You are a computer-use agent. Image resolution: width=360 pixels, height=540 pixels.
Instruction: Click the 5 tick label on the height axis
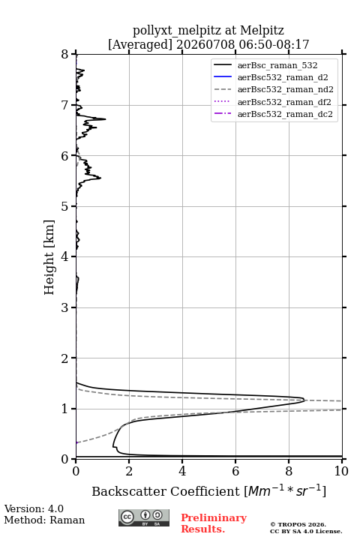[64, 207]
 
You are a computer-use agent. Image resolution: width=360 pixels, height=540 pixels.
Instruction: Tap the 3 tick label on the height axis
[64, 307]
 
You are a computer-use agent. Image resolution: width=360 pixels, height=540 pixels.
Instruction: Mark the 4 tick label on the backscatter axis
[182, 471]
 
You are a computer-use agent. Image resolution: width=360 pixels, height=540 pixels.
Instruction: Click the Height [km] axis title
[49, 257]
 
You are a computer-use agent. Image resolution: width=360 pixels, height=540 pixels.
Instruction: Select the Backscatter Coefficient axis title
[208, 491]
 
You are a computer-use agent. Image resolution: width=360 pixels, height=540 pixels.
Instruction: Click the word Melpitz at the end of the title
[262, 31]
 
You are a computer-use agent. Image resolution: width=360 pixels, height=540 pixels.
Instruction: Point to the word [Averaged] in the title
[139, 45]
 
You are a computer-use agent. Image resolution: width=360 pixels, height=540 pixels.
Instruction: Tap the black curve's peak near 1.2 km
[304, 400]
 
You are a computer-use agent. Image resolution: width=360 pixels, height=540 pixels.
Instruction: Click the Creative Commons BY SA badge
[144, 517]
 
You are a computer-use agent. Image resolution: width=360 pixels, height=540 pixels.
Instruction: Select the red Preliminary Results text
[214, 523]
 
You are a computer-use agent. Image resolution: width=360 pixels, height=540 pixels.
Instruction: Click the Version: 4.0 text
[34, 508]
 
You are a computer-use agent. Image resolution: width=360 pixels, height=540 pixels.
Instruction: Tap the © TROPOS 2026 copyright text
[298, 524]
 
